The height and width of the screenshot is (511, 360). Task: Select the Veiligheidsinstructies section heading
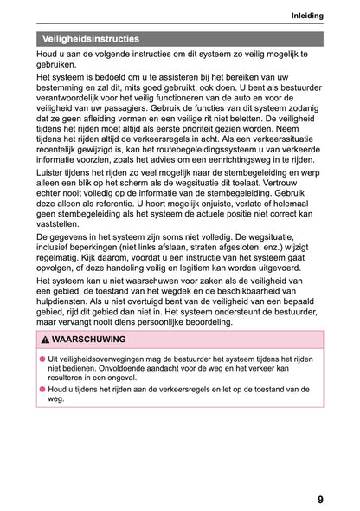tap(92, 39)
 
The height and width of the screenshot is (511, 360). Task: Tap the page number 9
tap(321, 499)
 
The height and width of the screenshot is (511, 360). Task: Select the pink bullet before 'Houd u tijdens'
tap(41, 390)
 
